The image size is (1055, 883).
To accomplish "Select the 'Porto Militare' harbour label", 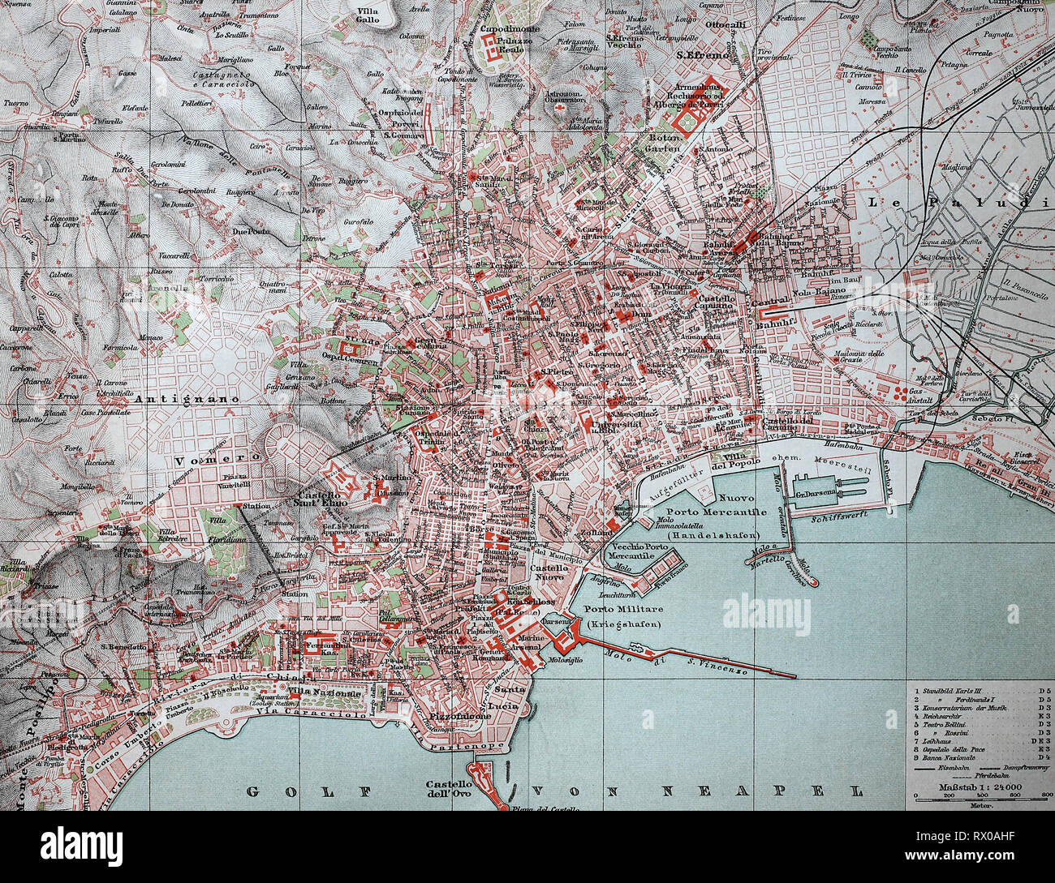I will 623,609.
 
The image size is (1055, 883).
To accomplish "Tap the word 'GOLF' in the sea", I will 295,791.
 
